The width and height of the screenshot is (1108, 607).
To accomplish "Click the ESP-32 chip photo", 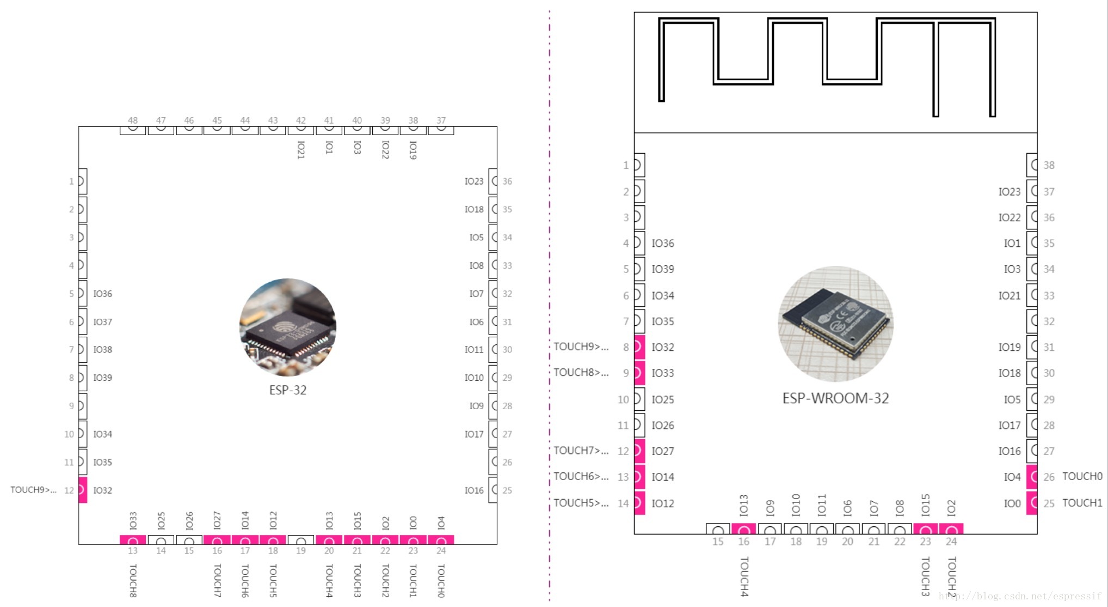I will pos(288,326).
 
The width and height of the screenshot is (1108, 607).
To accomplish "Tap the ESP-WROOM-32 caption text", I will pos(835,398).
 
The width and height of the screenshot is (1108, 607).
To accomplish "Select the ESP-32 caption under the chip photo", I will pos(288,390).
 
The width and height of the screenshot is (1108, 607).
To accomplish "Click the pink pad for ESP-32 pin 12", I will pos(83,490).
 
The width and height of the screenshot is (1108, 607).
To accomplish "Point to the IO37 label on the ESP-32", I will pos(102,322).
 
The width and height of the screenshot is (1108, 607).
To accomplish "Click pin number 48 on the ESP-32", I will pos(133,120).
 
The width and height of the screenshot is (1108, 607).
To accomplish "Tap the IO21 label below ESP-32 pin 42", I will pos(301,149).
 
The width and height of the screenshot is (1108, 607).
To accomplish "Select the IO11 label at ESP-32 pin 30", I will pos(473,350).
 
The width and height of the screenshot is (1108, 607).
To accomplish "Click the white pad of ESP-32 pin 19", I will pos(301,540).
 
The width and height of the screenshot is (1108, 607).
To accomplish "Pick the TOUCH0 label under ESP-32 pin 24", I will pos(441,581).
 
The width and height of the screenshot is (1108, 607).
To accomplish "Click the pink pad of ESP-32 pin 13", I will pos(133,540).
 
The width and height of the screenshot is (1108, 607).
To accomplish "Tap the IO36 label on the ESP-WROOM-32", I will pos(663,244).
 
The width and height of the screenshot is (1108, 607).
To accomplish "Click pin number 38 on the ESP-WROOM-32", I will pos(1049,165).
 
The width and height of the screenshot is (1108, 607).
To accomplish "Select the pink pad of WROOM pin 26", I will pos(1032,477).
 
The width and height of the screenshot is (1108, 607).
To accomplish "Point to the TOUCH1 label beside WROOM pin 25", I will pos(1082,503).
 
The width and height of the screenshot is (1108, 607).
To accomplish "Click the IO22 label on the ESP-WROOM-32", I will pos(1009,217).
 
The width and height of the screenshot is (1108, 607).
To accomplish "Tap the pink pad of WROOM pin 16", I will pos(743,529).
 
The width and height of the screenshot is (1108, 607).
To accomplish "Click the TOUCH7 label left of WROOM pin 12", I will pos(581,451).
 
